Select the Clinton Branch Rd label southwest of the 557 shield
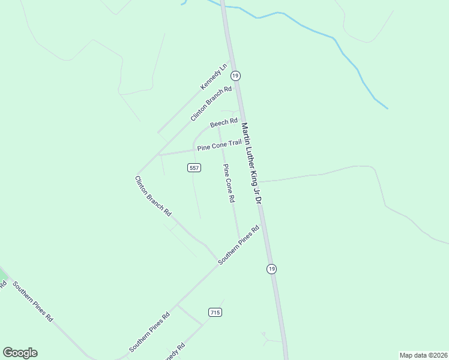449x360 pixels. click(153, 196)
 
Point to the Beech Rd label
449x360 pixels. click(224, 124)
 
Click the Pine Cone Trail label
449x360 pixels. click(219, 145)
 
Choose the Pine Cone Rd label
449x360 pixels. click(228, 183)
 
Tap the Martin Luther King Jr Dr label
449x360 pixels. click(252, 163)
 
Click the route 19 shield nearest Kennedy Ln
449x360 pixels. click(235, 76)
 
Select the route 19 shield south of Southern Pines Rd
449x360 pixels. click(272, 269)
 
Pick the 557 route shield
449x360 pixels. click(194, 168)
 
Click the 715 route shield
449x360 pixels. click(215, 312)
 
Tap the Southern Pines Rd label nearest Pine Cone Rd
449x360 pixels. click(238, 245)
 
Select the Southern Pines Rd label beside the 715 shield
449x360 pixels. click(150, 332)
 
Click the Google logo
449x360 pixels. click(20, 353)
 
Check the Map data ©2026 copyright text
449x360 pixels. click(423, 355)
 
